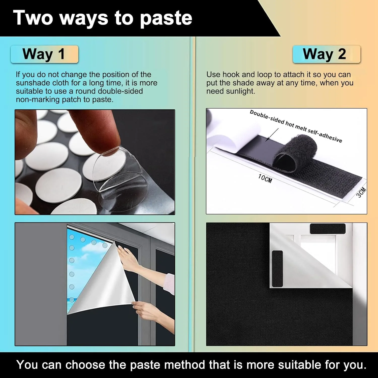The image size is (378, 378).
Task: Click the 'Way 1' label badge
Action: (44, 54)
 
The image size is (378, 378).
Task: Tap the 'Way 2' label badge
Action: (327, 54)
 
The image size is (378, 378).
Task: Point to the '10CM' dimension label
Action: (265, 178)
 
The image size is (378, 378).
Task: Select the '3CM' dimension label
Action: (361, 193)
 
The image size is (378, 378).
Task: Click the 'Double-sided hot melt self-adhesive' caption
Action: (296, 126)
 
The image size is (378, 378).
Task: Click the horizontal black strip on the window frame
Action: (328, 229)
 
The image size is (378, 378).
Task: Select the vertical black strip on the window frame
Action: (277, 269)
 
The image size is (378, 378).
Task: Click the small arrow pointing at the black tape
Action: (272, 135)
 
